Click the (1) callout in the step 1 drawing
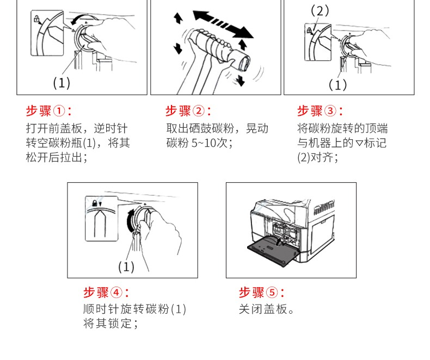pyautogui.click(x=62, y=83)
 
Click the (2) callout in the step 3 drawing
pyautogui.click(x=320, y=10)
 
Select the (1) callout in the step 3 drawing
pyautogui.click(x=337, y=85)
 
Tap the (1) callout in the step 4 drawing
pyautogui.click(x=126, y=267)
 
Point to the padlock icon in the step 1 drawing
pyautogui.click(x=36, y=20)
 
